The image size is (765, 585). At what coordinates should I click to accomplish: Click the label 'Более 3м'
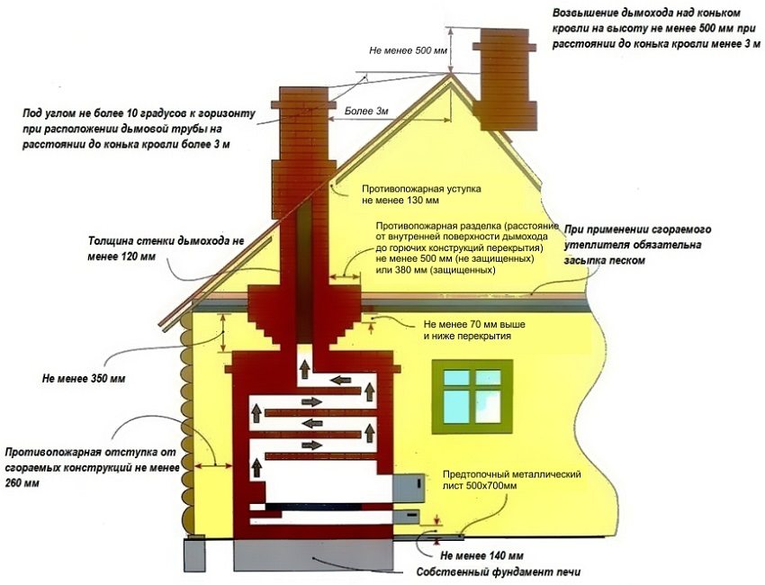pos(366,112)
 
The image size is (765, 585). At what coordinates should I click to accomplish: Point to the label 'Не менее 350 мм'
pos(84,379)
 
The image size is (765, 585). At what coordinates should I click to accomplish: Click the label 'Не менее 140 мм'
pos(481,555)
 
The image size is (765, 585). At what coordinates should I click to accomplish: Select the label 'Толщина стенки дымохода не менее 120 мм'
pos(166,248)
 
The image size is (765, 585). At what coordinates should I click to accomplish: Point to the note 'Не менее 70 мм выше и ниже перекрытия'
pos(473,328)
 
